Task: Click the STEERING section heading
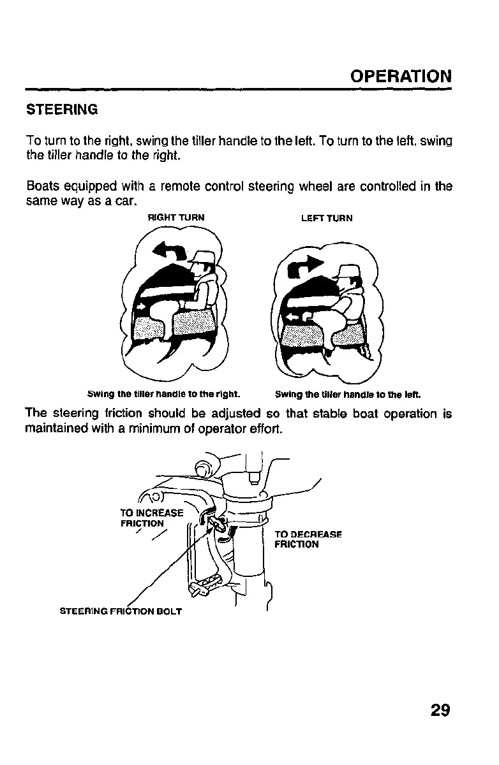(x=62, y=110)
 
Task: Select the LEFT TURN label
(x=327, y=218)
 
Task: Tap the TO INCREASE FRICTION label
(x=151, y=518)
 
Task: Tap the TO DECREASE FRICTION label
(x=308, y=539)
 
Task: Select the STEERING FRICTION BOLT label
(x=120, y=611)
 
